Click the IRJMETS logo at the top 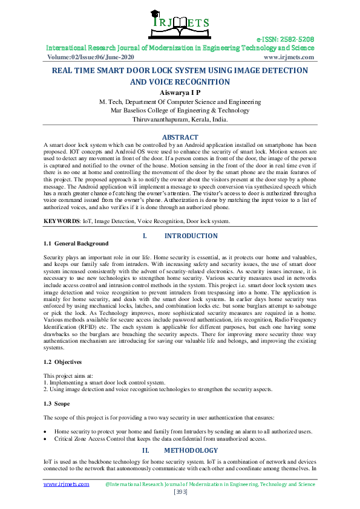179,25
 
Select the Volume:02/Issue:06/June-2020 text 91,57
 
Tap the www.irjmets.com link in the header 289,57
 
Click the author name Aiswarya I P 180,92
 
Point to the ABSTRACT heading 180,138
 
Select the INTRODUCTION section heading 191,236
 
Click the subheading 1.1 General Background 76,244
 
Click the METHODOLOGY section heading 191,451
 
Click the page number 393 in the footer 180,493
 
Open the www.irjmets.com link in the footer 67,484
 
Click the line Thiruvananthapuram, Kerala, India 180,120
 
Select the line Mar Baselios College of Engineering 180,111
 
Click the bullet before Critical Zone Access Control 47,439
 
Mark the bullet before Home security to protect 47,432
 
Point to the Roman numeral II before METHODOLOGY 145,451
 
